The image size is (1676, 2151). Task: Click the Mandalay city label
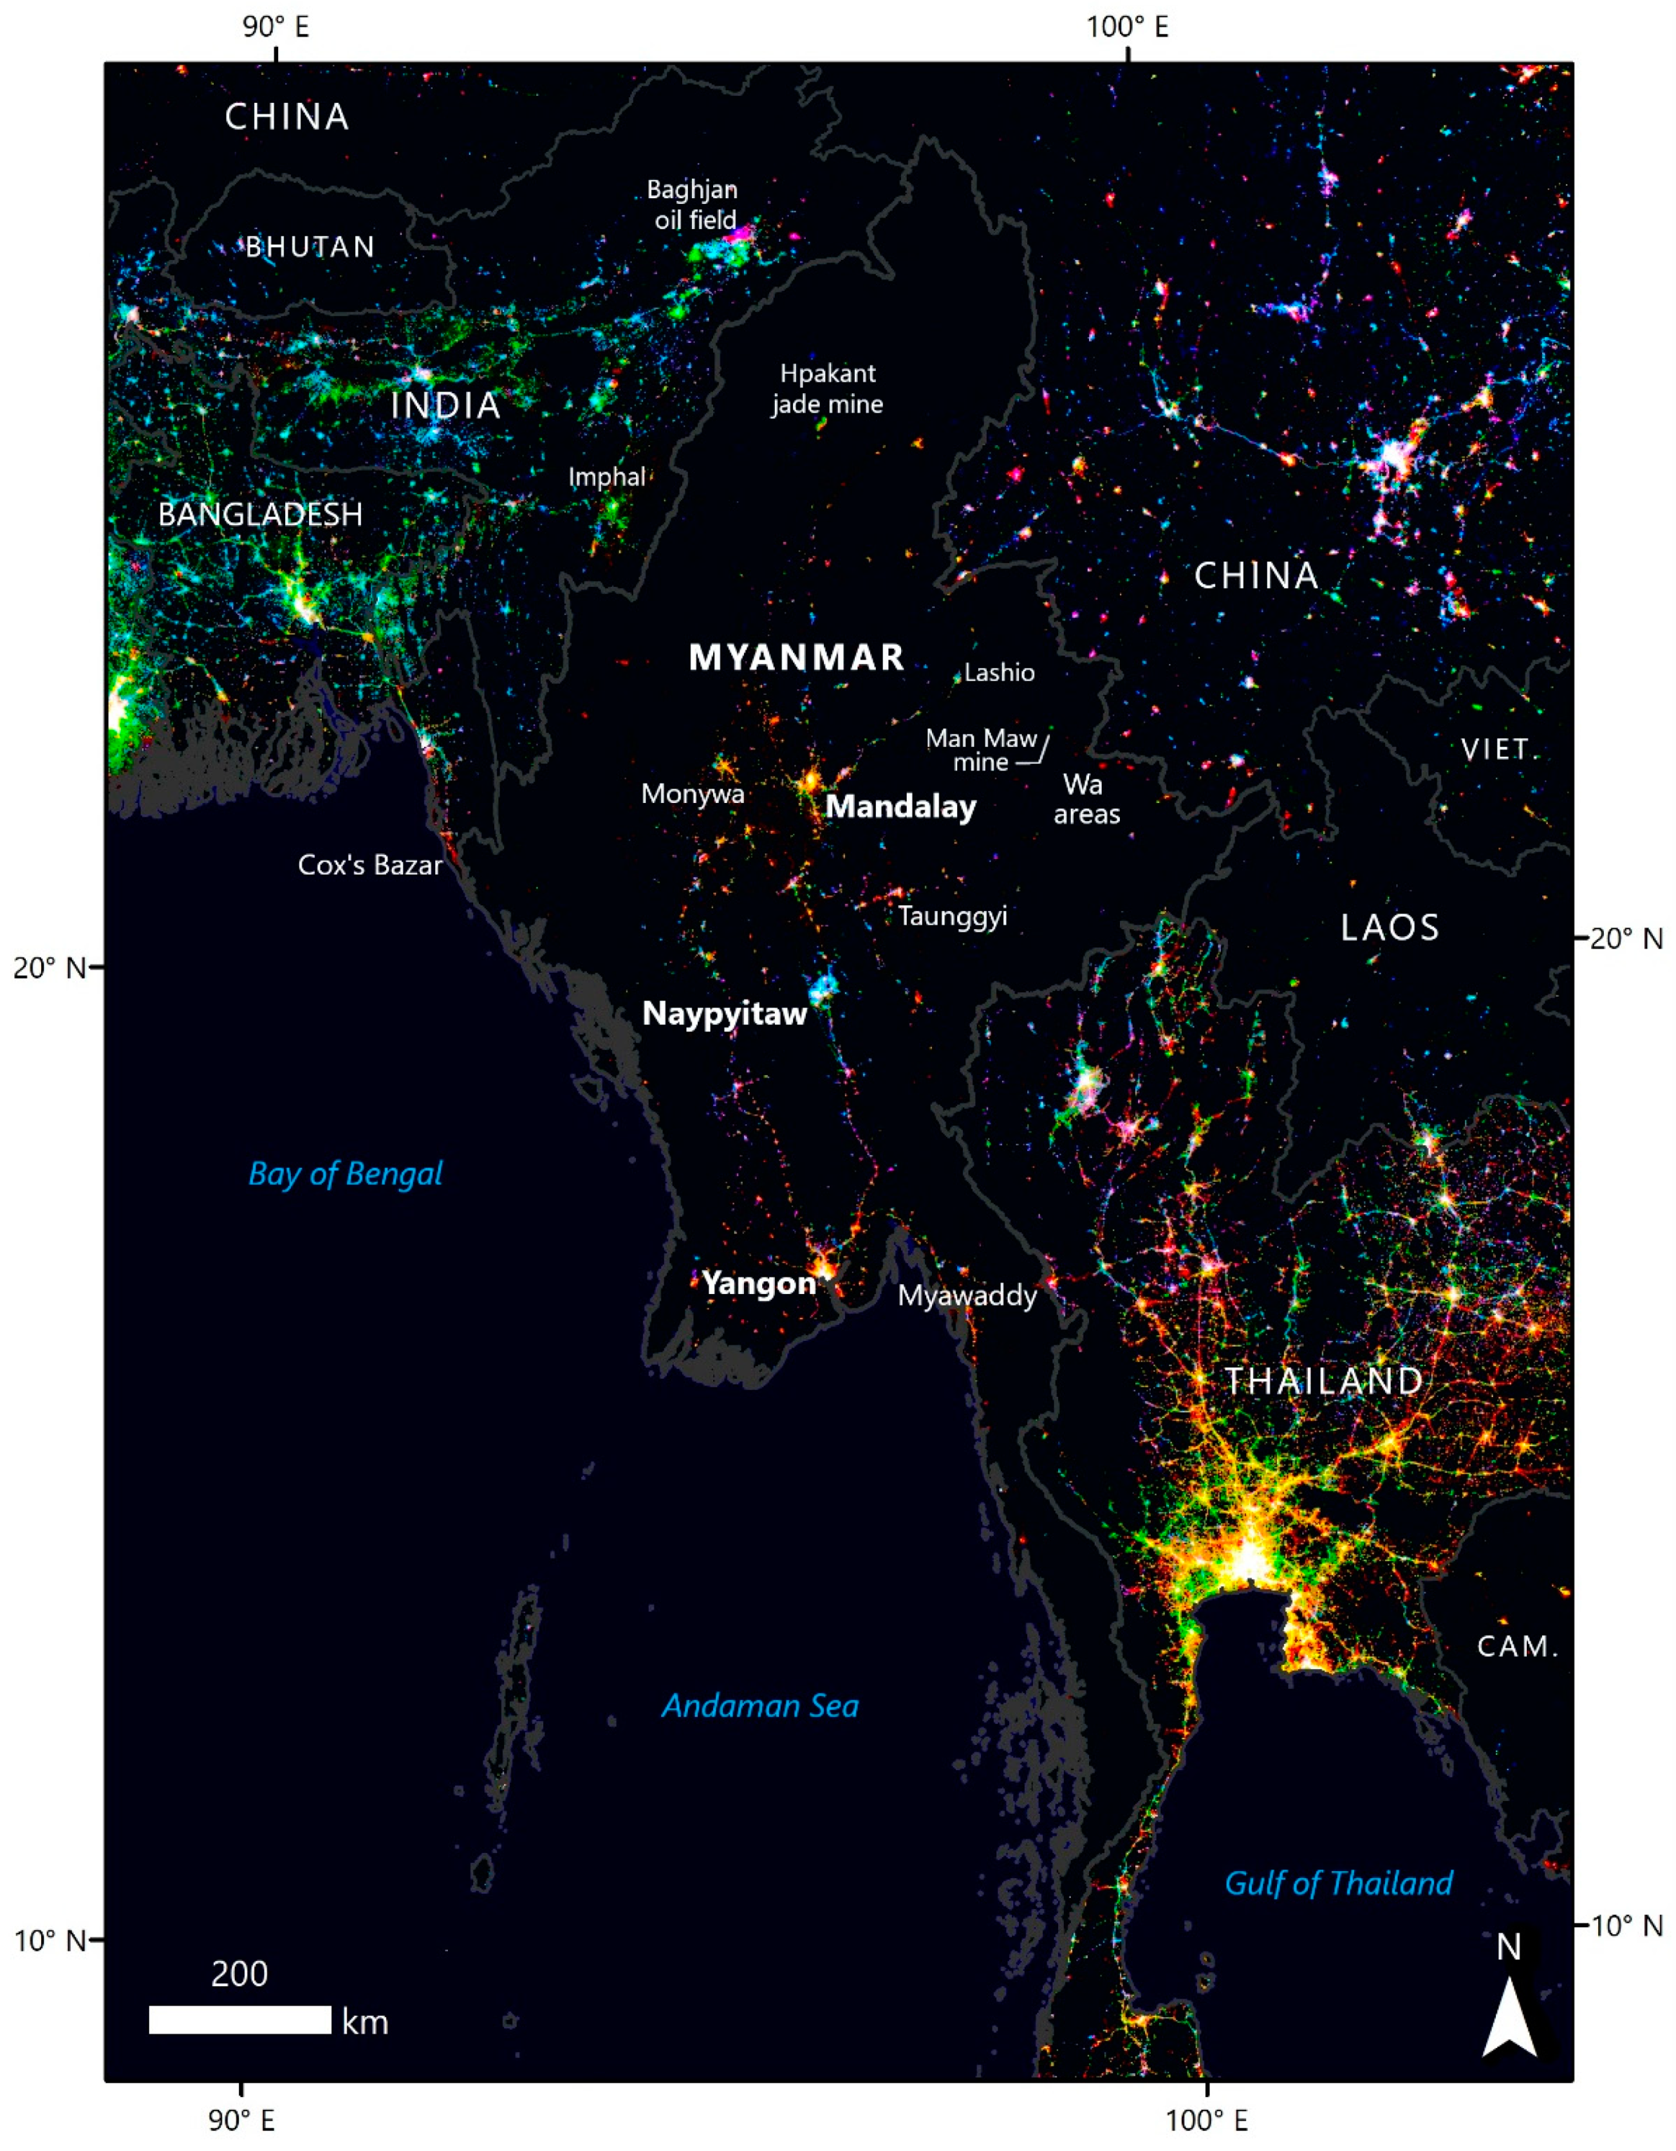click(x=900, y=807)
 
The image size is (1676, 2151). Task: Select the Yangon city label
click(x=759, y=1283)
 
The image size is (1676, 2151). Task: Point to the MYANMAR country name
click(x=796, y=658)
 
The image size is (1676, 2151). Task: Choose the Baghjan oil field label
click(x=693, y=205)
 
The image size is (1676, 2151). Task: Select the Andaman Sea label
click(x=759, y=1706)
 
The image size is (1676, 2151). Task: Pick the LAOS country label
click(x=1390, y=927)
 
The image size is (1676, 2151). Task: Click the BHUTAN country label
click(x=310, y=246)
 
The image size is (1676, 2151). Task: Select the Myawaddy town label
click(x=967, y=1295)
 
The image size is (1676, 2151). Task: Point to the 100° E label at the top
click(x=1127, y=26)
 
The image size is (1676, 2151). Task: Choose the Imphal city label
click(x=607, y=477)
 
